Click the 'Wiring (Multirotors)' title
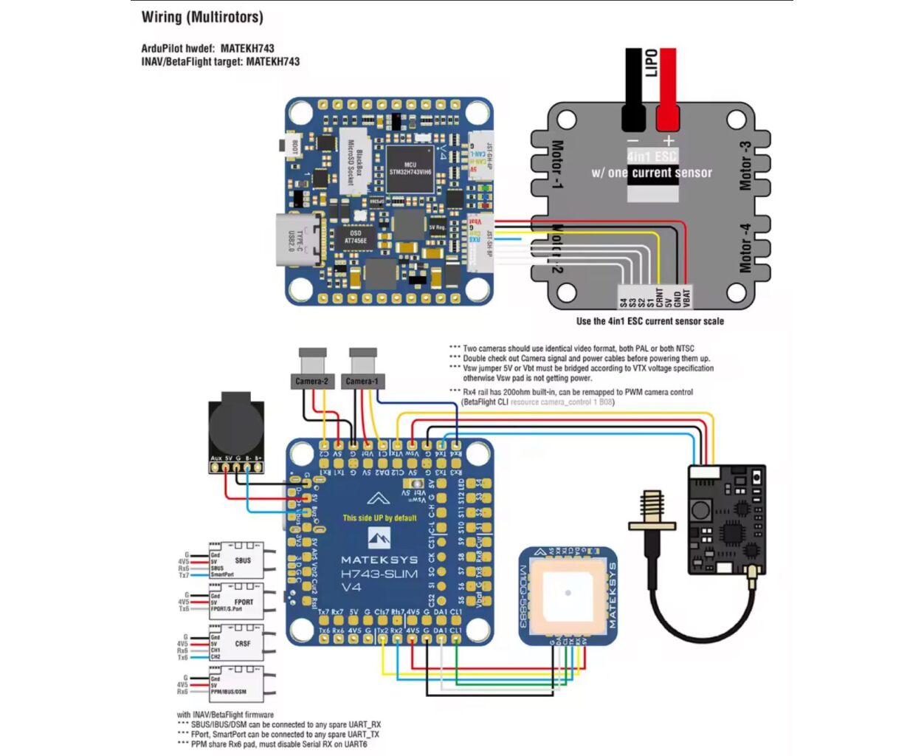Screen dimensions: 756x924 point(202,17)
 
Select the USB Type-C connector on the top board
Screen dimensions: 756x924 point(300,239)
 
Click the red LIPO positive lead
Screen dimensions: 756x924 point(667,89)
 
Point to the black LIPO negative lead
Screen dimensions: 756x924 point(633,89)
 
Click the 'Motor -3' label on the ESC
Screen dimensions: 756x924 point(746,166)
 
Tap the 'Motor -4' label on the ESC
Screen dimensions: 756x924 point(746,248)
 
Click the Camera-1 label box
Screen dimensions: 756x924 point(362,381)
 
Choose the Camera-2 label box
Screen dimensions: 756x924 point(311,381)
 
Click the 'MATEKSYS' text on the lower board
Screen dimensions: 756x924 point(379,560)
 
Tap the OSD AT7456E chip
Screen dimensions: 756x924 point(355,237)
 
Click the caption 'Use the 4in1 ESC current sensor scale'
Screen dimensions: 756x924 point(649,321)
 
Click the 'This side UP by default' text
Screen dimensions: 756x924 point(379,518)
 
